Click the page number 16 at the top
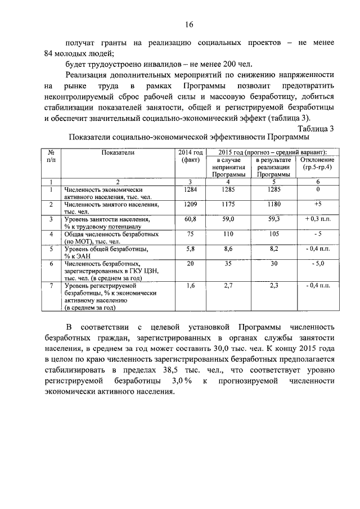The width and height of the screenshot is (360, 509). coord(188,24)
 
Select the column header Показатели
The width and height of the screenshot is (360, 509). coord(118,152)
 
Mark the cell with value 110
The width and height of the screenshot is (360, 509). coord(228,233)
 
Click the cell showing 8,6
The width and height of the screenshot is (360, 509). coord(228,248)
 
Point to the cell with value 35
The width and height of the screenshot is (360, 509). coord(228,263)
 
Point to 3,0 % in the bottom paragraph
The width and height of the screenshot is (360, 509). coord(179,381)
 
